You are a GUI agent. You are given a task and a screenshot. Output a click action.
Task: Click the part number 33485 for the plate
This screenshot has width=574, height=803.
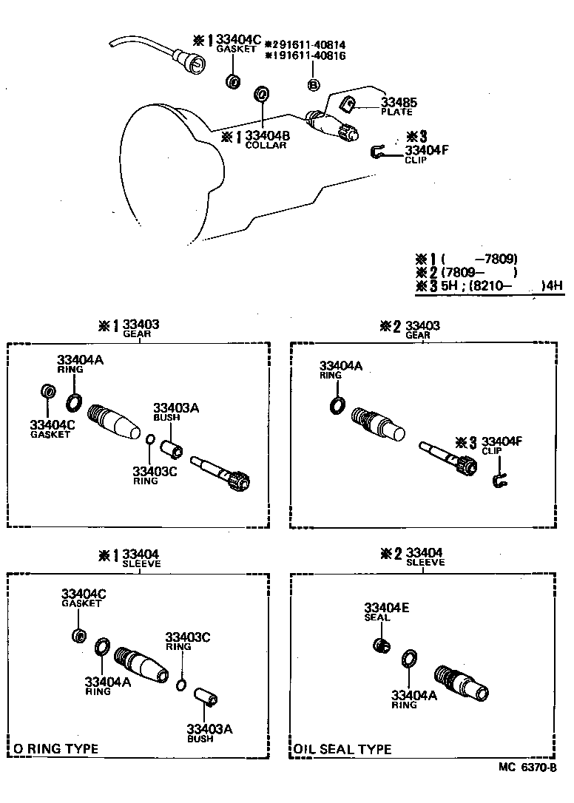399,102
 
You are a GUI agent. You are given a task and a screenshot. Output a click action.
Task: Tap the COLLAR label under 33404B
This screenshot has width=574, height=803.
266,145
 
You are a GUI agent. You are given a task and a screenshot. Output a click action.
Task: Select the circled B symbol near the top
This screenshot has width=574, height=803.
314,85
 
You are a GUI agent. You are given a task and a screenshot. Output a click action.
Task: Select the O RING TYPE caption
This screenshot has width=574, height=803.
55,749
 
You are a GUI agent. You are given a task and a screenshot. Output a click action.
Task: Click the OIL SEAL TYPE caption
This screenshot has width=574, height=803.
342,750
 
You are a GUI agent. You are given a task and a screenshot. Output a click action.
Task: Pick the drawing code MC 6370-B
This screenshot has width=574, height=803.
527,768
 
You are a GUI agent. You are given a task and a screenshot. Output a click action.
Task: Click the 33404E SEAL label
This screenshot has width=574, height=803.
386,611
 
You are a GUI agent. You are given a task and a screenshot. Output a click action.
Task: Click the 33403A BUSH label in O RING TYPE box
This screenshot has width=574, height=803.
209,733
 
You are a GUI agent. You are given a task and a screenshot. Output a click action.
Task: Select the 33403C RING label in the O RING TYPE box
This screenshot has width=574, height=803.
188,641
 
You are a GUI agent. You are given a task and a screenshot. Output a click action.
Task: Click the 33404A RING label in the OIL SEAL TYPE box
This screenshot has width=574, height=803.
414,699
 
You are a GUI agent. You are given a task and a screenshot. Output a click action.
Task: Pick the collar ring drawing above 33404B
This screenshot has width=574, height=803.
262,94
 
